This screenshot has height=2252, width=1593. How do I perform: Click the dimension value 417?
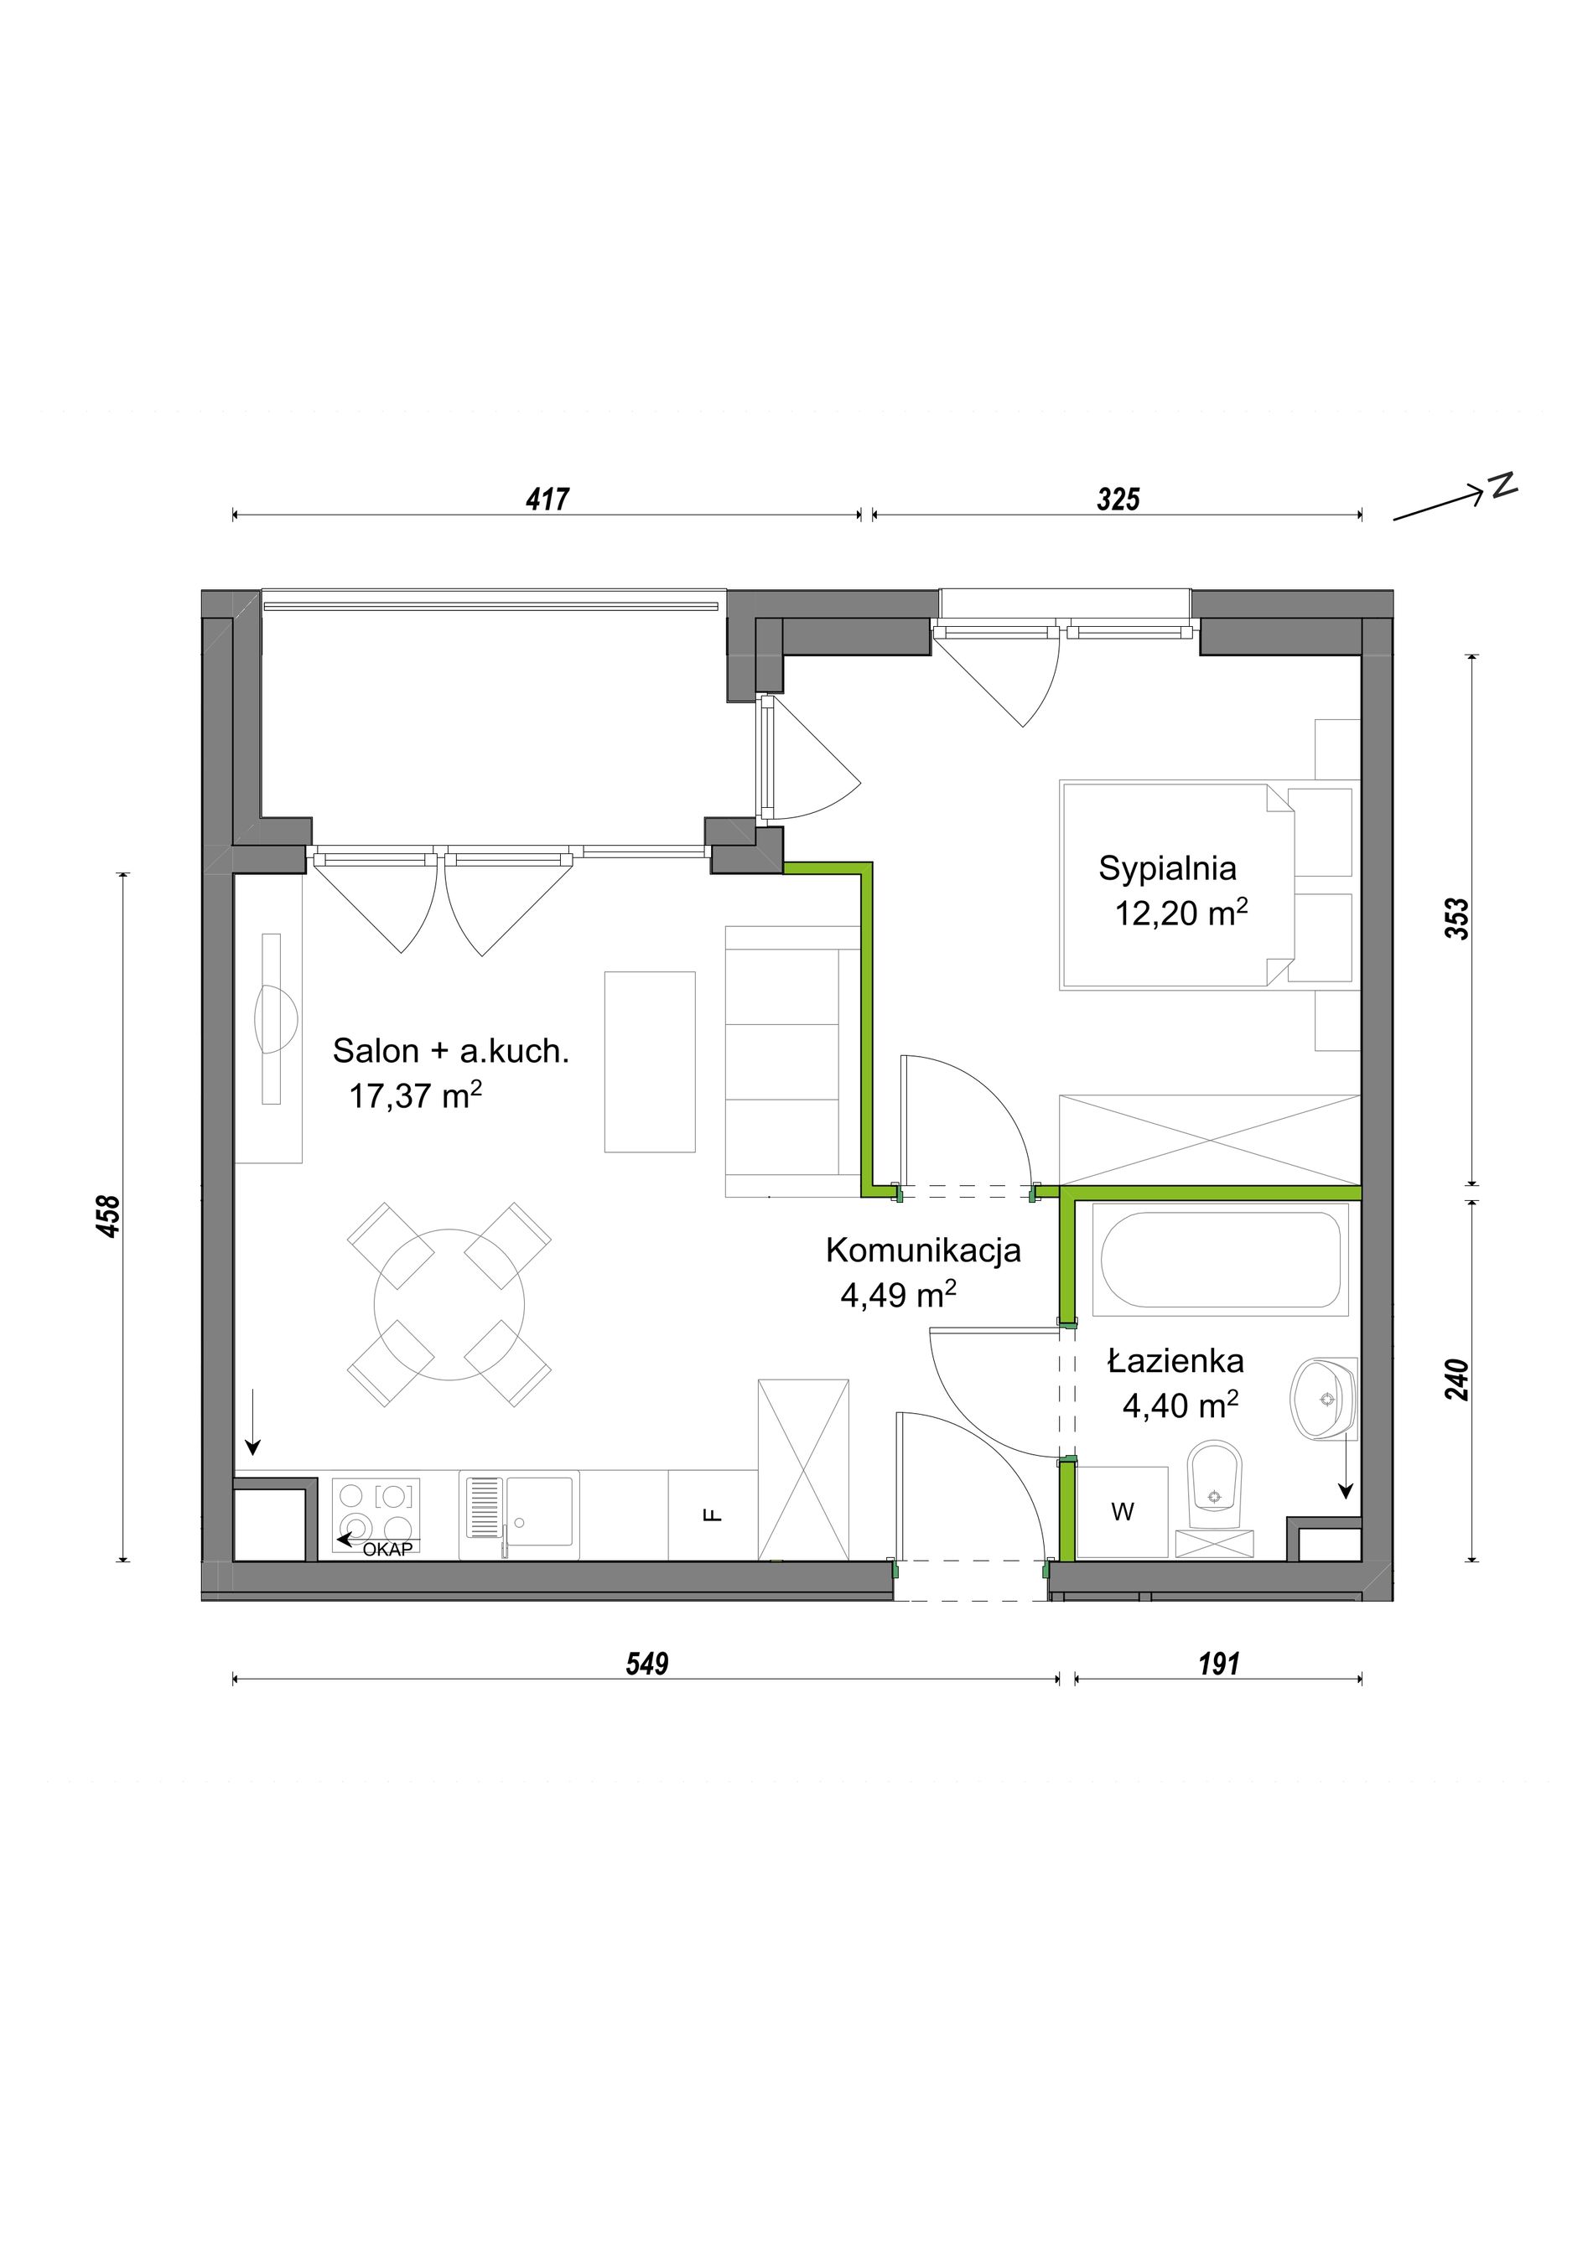tap(547, 500)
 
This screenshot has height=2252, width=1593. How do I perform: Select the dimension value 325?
tap(1118, 500)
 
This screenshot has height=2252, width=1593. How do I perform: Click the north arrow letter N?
tap(1502, 484)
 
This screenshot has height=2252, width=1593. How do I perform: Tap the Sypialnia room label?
tap(1167, 869)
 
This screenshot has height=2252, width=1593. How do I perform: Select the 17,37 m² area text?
tap(416, 1095)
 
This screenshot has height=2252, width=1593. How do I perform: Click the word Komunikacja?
tap(923, 1250)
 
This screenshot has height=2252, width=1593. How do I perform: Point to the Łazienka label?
tap(1175, 1361)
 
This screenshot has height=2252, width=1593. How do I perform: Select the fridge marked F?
tap(713, 1514)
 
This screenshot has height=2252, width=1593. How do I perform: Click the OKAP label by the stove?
tap(387, 1550)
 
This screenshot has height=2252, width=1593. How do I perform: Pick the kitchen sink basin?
tap(538, 1511)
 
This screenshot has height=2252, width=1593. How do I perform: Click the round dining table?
tap(449, 1304)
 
